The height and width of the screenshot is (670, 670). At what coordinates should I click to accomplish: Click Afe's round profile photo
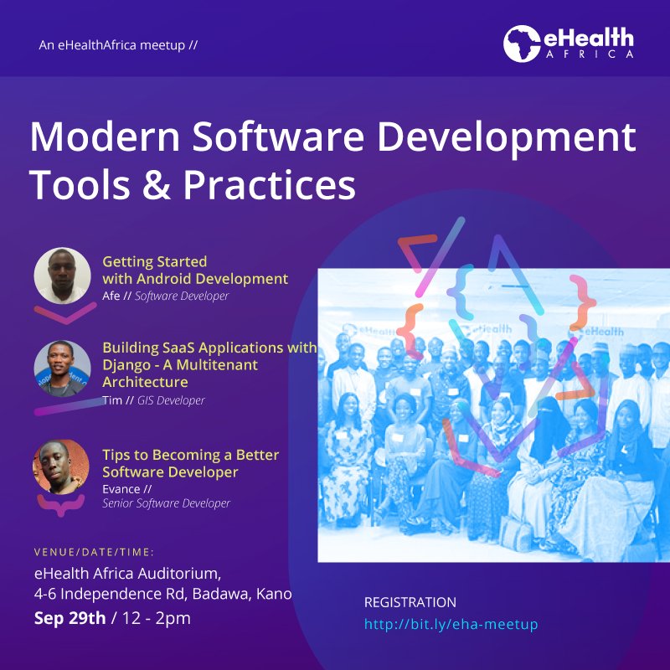coord(62,275)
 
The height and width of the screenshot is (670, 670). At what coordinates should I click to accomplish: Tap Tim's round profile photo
coord(62,368)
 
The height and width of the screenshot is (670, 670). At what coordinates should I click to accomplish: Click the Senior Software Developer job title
coord(166,503)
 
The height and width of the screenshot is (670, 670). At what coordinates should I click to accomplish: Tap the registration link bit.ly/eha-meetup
coord(451,624)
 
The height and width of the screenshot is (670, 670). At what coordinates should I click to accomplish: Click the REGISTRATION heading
coord(410,602)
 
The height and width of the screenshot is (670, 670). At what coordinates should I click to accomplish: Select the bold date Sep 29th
coord(70,619)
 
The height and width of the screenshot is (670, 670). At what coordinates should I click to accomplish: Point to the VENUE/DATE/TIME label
coord(94,552)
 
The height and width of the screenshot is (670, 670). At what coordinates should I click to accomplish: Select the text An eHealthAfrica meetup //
coord(118,44)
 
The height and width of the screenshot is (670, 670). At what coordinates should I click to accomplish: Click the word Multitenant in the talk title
coord(217,364)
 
